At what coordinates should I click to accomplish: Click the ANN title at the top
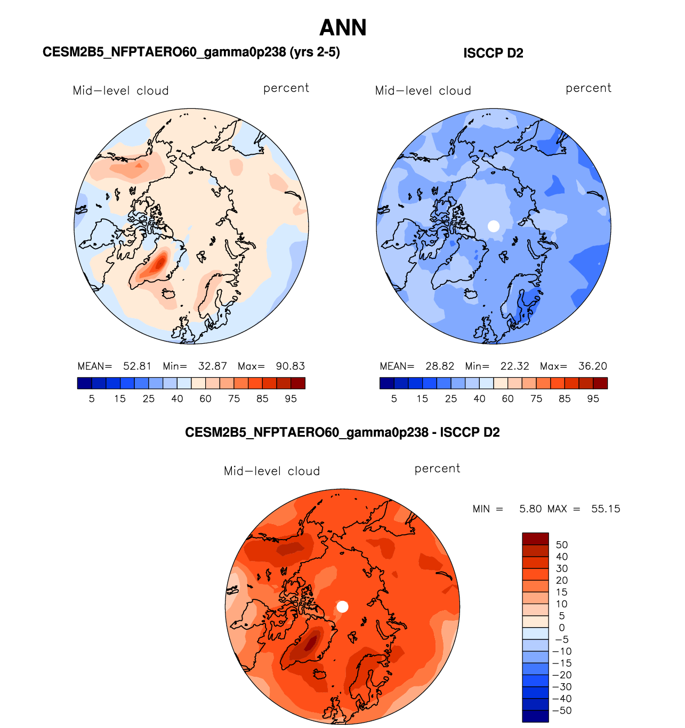(x=343, y=28)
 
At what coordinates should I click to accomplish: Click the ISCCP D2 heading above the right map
(x=493, y=53)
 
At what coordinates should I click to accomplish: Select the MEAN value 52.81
(x=137, y=366)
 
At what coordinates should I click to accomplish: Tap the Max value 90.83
(x=290, y=366)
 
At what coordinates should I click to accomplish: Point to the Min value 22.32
(x=514, y=366)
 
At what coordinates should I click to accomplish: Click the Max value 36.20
(x=592, y=366)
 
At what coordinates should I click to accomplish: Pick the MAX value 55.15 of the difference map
(x=606, y=509)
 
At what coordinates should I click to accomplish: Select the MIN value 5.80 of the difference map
(x=530, y=509)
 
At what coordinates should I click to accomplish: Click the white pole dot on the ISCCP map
(x=494, y=226)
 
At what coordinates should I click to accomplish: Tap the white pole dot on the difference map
(x=342, y=607)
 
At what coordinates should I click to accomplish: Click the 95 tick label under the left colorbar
(x=291, y=399)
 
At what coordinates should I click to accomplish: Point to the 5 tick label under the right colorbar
(x=394, y=399)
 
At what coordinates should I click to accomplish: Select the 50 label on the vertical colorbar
(x=562, y=545)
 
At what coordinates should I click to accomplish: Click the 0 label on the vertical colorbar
(x=562, y=628)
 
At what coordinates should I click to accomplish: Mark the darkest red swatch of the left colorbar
(x=298, y=383)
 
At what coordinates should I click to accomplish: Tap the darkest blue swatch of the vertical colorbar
(x=535, y=716)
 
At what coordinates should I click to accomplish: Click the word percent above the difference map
(x=437, y=469)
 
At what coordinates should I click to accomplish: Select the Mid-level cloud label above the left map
(x=120, y=91)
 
